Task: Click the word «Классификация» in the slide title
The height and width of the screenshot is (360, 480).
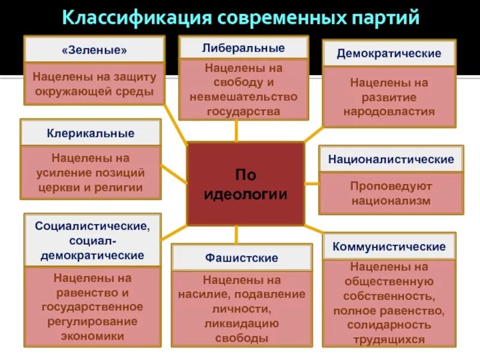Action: coord(136,17)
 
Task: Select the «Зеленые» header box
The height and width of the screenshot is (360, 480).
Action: coord(94,50)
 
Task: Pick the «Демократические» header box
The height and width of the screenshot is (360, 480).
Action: coord(389,53)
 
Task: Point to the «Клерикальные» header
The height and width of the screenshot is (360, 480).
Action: coord(91,133)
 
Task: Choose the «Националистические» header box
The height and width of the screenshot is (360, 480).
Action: coord(391,160)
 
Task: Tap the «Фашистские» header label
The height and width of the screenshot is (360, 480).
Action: coord(242,258)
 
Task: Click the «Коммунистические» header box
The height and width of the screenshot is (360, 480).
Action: coord(389,247)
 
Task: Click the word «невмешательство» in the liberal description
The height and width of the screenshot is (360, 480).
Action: coord(244,97)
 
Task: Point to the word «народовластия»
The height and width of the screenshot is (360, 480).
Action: coord(389,111)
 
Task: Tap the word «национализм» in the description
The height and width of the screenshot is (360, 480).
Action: coord(391,201)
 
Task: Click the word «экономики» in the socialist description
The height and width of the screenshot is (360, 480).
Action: coord(92,336)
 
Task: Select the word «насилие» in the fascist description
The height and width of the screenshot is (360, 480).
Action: coord(203,294)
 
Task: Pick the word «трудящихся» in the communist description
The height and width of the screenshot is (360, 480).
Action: coord(389,339)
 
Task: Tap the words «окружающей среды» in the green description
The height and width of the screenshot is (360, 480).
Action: coord(94,92)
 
